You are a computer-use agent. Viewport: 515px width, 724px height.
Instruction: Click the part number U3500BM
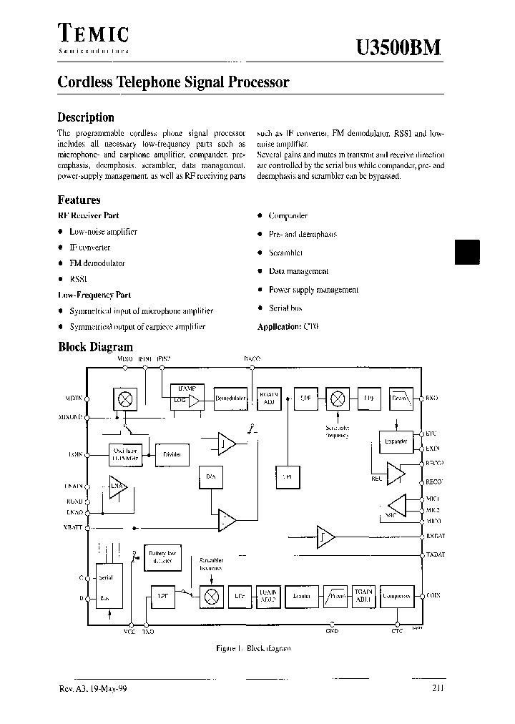(x=398, y=47)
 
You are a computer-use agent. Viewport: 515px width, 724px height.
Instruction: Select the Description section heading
(x=85, y=117)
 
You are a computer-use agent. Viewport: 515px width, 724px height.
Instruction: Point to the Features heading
(x=79, y=200)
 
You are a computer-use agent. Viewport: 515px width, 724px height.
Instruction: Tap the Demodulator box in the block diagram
(x=230, y=398)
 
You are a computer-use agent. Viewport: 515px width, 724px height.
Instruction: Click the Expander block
(x=396, y=441)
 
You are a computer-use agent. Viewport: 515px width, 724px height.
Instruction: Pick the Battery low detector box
(x=162, y=557)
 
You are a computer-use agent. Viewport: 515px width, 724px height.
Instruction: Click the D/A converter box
(x=210, y=476)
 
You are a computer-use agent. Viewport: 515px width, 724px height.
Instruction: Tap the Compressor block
(x=396, y=595)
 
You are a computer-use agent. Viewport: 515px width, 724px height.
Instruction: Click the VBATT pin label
(x=73, y=527)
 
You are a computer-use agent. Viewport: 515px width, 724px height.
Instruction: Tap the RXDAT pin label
(x=435, y=536)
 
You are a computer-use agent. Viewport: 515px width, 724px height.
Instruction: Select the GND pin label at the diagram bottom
(x=332, y=632)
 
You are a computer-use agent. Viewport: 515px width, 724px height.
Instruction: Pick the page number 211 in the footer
(x=438, y=688)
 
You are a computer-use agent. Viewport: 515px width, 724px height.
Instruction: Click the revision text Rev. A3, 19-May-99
(x=92, y=688)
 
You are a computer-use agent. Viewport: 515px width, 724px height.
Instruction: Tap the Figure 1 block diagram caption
(x=253, y=648)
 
